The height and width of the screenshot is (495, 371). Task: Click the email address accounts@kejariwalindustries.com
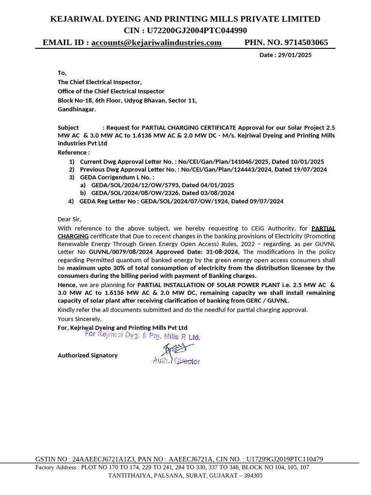tap(156, 43)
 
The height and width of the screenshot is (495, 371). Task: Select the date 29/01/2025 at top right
tap(295, 55)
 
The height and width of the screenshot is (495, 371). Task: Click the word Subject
tap(68, 128)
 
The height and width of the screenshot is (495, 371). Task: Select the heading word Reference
tap(72, 152)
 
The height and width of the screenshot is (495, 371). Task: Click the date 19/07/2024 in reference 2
tap(310, 170)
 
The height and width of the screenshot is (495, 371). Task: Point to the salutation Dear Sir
tap(69, 219)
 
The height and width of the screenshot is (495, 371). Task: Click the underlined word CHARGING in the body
tap(73, 236)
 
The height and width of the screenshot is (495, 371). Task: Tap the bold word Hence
tap(66, 285)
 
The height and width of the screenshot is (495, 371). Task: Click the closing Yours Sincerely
tap(79, 319)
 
